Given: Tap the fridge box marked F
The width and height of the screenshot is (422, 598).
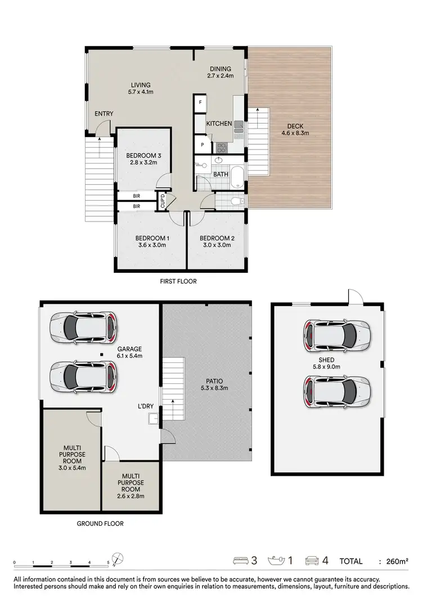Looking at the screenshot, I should [x=200, y=103].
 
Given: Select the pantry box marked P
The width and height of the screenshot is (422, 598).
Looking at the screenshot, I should [x=200, y=144].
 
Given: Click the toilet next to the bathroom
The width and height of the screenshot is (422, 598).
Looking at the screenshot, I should [x=236, y=200].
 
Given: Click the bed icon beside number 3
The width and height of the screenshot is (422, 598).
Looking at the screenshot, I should [x=240, y=561].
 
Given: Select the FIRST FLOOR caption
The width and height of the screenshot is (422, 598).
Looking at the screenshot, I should [x=179, y=281].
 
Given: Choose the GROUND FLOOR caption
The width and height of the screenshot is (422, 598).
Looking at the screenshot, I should [x=100, y=524].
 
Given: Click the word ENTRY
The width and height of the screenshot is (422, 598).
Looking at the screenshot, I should [x=104, y=114].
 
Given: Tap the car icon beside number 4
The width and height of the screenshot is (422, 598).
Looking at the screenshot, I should [x=312, y=561].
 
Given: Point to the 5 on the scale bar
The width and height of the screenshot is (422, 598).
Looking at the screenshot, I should [x=108, y=563].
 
